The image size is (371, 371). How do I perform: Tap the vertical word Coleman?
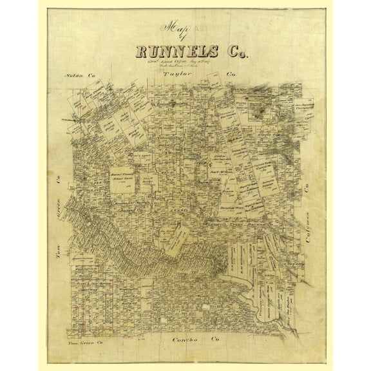(316, 213)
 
